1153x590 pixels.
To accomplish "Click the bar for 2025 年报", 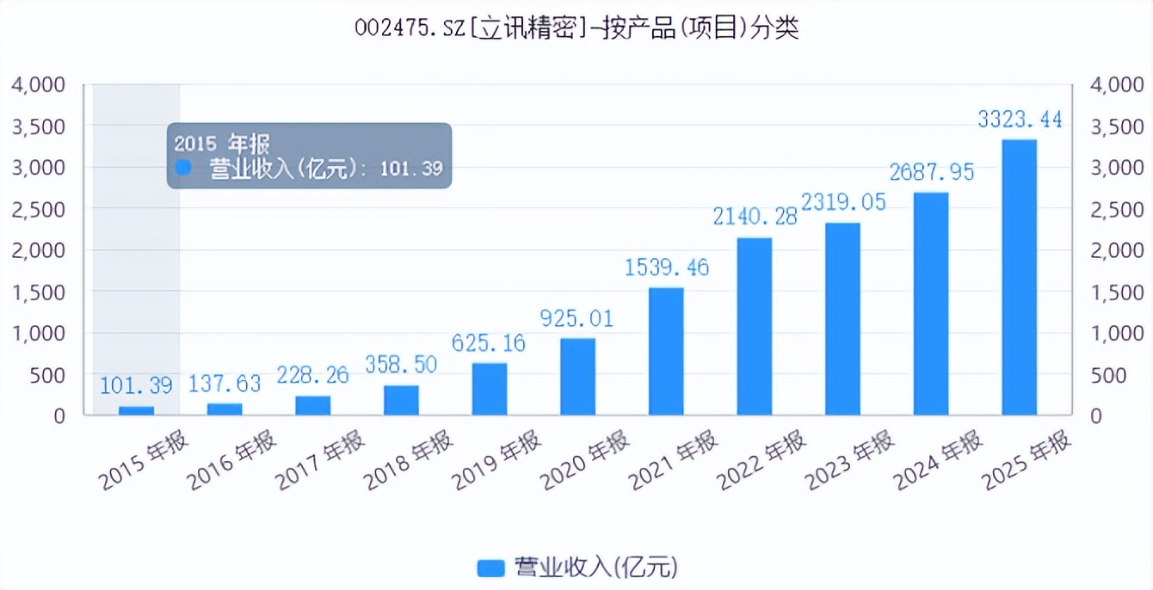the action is pyautogui.click(x=1019, y=277).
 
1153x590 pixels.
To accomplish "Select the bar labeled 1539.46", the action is pyautogui.click(x=666, y=351).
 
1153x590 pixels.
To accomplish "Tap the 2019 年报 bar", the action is pyautogui.click(x=490, y=389).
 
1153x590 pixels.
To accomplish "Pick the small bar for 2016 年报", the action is pyautogui.click(x=225, y=409).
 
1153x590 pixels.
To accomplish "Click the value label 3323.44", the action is pyautogui.click(x=1020, y=120).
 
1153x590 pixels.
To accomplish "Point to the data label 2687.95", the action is pyautogui.click(x=932, y=172).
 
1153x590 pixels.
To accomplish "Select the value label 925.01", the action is pyautogui.click(x=576, y=318).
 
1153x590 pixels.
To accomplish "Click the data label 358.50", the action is pyautogui.click(x=401, y=365).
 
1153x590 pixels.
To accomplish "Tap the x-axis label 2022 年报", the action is pyautogui.click(x=761, y=459).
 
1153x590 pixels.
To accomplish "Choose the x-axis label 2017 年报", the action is pyautogui.click(x=320, y=459).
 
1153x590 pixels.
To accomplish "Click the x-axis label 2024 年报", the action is pyautogui.click(x=938, y=459).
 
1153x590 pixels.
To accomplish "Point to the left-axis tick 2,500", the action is pyautogui.click(x=39, y=209).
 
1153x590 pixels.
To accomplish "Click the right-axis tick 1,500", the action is pyautogui.click(x=1118, y=292).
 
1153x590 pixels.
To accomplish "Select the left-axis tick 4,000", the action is pyautogui.click(x=39, y=84).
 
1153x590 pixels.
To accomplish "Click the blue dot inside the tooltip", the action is pyautogui.click(x=183, y=167).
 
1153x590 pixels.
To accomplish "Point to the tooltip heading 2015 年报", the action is pyautogui.click(x=222, y=144).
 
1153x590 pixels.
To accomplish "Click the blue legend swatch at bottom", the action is pyautogui.click(x=490, y=568).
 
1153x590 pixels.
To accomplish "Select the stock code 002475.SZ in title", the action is pyautogui.click(x=410, y=28).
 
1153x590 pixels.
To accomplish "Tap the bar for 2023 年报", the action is pyautogui.click(x=842, y=319).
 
